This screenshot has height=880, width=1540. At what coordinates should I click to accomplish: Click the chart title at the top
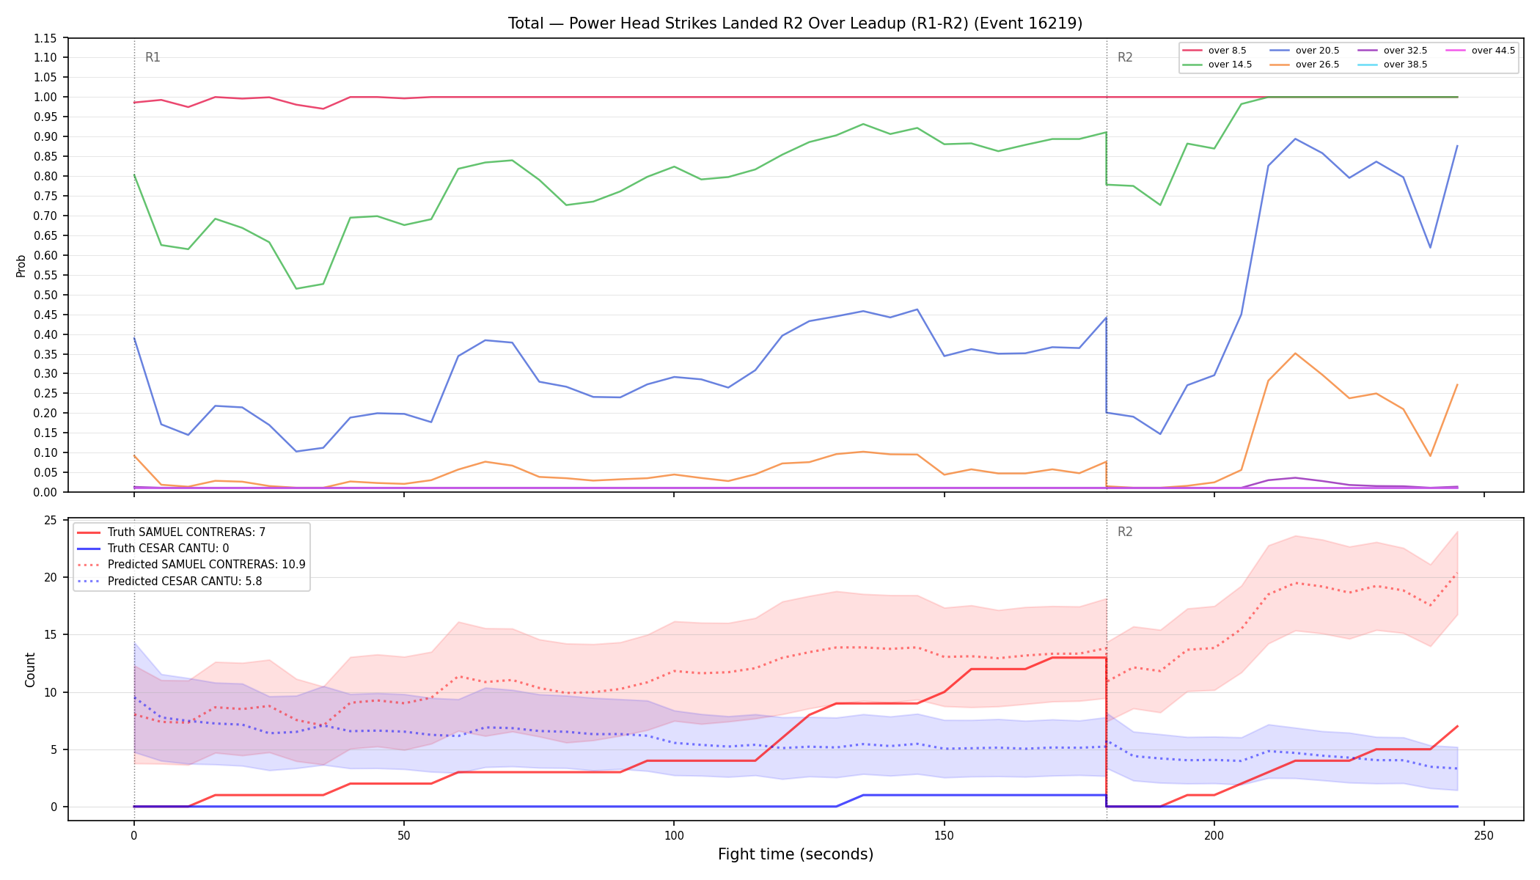[x=795, y=23]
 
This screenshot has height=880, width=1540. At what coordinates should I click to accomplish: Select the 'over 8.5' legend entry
[x=1214, y=51]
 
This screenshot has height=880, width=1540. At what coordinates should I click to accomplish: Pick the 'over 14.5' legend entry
[x=1217, y=65]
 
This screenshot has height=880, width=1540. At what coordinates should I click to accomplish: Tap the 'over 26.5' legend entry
[x=1305, y=65]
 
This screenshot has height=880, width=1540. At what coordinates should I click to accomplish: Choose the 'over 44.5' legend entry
[x=1481, y=51]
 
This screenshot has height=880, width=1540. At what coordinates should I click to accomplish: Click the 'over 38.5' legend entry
[x=1393, y=65]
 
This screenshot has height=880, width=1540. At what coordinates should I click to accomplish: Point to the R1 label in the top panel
[x=153, y=57]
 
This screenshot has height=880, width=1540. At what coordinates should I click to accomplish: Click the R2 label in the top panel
[x=1125, y=57]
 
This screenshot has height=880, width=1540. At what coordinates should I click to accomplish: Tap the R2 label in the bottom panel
[x=1125, y=532]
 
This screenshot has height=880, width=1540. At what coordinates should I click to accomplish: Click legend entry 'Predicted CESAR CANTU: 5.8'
[x=169, y=582]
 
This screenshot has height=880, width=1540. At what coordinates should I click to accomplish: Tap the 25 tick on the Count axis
[x=51, y=521]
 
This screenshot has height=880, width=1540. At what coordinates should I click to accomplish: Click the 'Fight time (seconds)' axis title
[x=796, y=854]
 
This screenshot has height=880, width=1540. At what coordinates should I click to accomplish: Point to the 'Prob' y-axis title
[x=21, y=265]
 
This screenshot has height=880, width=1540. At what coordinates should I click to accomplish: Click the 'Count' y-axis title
[x=30, y=670]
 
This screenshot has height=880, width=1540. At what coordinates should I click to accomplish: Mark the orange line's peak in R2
[x=1295, y=353]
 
